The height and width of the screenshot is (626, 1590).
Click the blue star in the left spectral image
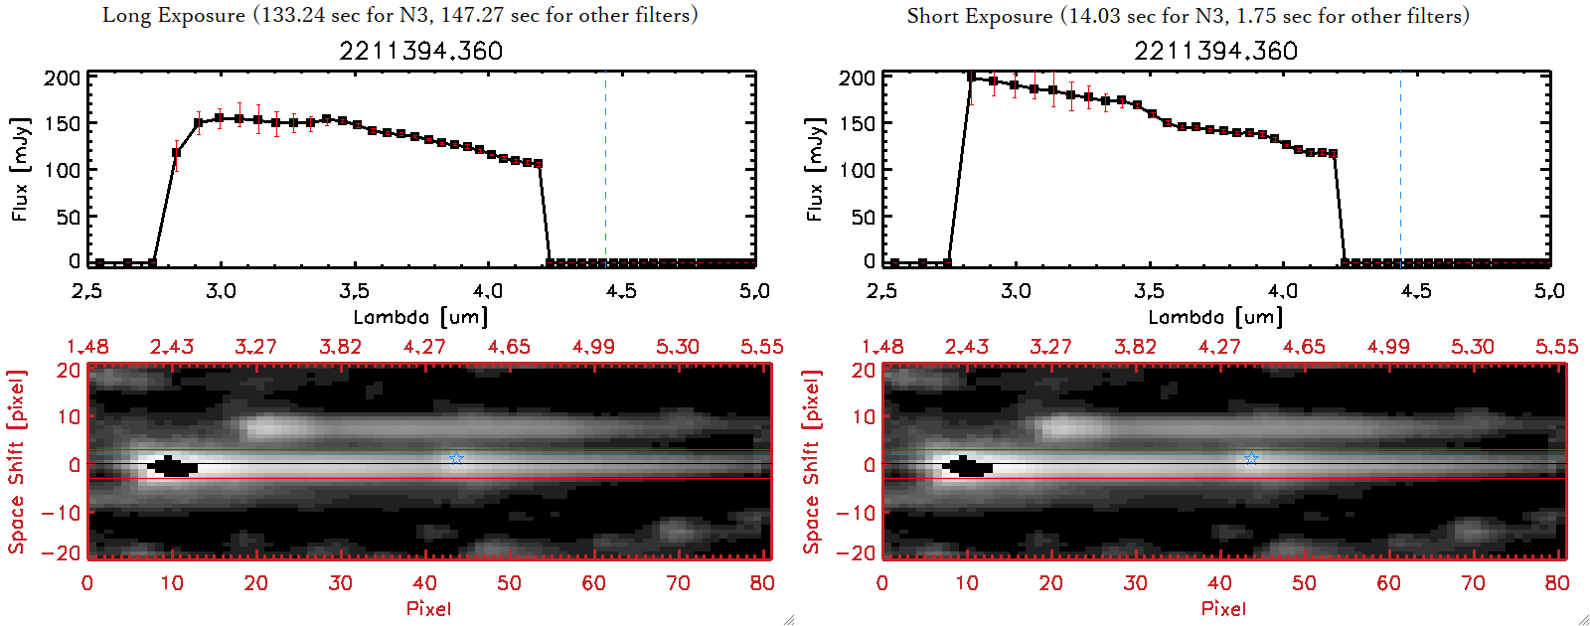(x=456, y=458)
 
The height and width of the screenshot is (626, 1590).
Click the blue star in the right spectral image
(x=1251, y=458)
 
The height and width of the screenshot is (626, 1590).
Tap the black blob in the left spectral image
(x=173, y=466)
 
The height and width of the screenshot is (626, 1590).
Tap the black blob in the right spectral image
(x=968, y=466)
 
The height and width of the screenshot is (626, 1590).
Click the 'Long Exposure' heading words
(x=174, y=15)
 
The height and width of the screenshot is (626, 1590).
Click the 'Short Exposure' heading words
(x=979, y=16)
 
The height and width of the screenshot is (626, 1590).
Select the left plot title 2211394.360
(x=420, y=51)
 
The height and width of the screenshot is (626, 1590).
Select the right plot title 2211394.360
(x=1215, y=51)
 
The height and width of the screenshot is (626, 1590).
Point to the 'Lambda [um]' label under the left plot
(x=420, y=317)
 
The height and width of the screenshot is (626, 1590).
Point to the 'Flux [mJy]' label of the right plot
(x=815, y=169)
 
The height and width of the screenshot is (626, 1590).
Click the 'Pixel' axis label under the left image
(x=428, y=608)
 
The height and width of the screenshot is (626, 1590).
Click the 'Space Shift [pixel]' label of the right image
(x=811, y=462)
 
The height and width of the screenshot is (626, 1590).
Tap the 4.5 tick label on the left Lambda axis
(x=621, y=291)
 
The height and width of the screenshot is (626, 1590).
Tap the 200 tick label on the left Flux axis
(x=62, y=78)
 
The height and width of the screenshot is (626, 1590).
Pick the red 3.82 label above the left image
(x=340, y=347)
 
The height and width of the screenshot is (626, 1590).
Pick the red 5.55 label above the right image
(x=1556, y=347)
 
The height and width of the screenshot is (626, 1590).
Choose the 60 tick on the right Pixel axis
(x=1388, y=583)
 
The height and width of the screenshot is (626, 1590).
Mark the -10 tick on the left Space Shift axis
(x=62, y=513)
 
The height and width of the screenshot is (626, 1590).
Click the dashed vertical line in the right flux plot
(x=1400, y=169)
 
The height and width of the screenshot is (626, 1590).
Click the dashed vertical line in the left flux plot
(x=605, y=169)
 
